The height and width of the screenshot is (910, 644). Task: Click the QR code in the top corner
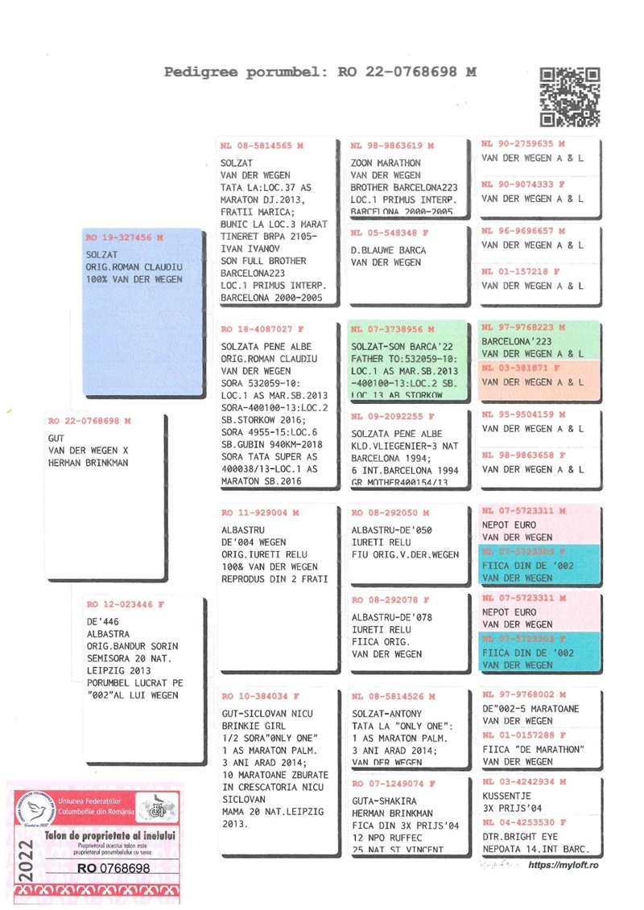coord(569,97)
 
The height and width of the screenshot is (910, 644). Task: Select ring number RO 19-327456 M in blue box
coord(125,238)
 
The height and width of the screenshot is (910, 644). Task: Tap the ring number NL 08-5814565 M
coord(261,146)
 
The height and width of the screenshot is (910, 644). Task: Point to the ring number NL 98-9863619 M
coord(392,146)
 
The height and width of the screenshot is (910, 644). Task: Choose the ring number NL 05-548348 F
coord(390,233)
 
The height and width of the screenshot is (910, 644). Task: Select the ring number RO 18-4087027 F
coord(262,329)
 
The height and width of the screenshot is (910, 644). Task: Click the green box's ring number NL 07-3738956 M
coord(392,330)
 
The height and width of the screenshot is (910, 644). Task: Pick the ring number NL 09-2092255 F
coord(392,417)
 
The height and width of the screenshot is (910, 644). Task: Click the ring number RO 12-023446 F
coord(125,603)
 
